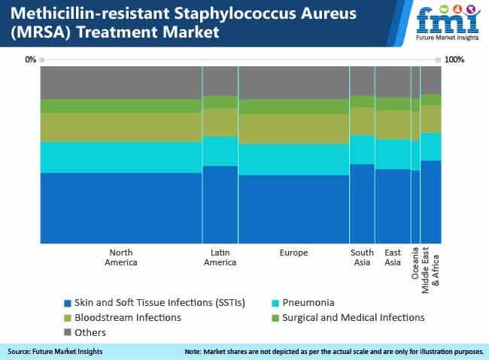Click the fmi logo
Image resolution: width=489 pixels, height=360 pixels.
coord(448,22)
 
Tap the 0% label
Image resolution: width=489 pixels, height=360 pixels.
coord(31,59)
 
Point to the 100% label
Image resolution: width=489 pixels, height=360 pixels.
coord(454,59)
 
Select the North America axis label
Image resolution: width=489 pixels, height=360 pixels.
coord(121,258)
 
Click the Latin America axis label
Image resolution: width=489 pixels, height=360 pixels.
coord(220,258)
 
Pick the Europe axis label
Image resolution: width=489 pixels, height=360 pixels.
coord(293,253)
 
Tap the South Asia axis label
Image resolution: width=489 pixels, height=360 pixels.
coord(362,258)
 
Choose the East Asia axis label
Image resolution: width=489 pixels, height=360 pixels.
coord(393,258)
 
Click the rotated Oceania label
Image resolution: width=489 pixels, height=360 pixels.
coord(415,263)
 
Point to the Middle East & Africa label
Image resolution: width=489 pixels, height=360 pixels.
coord(430,271)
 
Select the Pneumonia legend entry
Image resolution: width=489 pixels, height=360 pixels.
coord(303,303)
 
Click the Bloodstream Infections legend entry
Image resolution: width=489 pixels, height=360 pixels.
coord(123,318)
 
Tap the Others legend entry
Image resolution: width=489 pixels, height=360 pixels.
coord(85,333)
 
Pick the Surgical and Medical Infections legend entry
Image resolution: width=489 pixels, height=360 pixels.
coord(348,318)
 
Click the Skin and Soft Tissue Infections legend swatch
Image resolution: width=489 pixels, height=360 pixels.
coord(68,304)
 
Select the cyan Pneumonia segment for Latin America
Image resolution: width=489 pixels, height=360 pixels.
coord(220,151)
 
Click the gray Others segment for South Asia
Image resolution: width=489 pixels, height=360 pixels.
coord(362,80)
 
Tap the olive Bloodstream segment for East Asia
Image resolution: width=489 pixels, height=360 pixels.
coord(393,125)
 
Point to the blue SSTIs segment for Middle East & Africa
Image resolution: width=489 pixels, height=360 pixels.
coord(431,202)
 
